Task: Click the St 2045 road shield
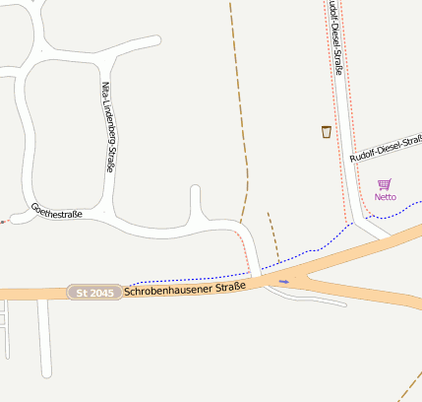95,293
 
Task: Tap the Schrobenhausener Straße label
185,290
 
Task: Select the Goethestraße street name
57,211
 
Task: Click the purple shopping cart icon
384,184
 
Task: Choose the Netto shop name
385,197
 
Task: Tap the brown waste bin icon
327,131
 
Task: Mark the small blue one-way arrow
284,282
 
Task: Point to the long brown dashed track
240,99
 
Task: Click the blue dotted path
187,279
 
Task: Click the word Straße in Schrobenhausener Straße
229,288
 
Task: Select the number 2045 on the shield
102,293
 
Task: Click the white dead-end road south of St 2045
44,345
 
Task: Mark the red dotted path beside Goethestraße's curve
245,248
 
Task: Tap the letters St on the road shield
83,293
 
